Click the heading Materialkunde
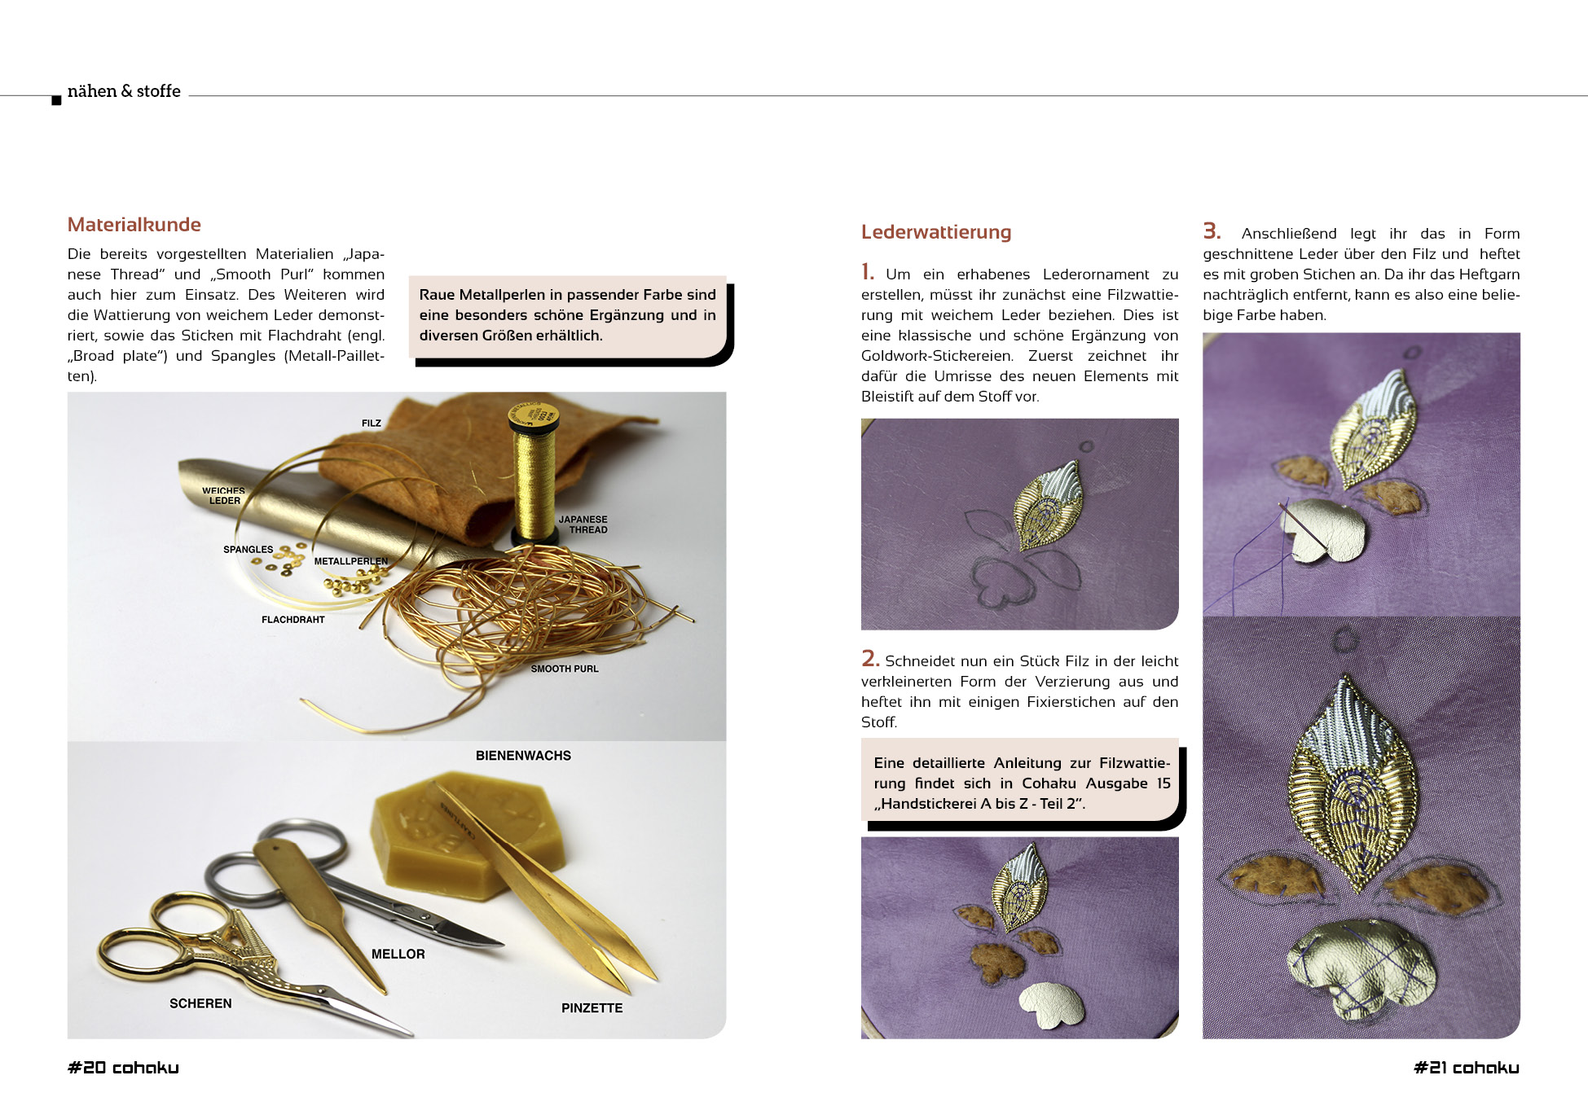tap(134, 225)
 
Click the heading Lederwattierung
tap(936, 232)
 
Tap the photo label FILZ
tap(372, 424)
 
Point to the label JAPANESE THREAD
tap(583, 524)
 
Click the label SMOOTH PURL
tap(565, 669)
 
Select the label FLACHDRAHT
tap(293, 620)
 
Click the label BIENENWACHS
tap(523, 756)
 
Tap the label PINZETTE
tap(592, 1008)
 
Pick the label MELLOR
tap(398, 955)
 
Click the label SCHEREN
tap(200, 1003)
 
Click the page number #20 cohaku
tap(123, 1068)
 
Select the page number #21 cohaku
tap(1467, 1068)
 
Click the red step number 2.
tap(869, 658)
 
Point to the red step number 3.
tap(1212, 231)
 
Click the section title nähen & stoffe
tap(124, 91)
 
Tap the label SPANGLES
tap(249, 550)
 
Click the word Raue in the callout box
tap(437, 295)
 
